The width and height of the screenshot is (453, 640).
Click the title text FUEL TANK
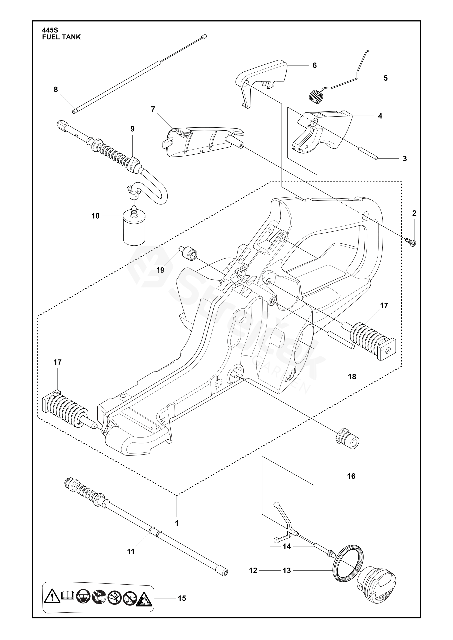click(x=61, y=37)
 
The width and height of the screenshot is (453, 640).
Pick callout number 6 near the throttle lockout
click(x=315, y=65)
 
